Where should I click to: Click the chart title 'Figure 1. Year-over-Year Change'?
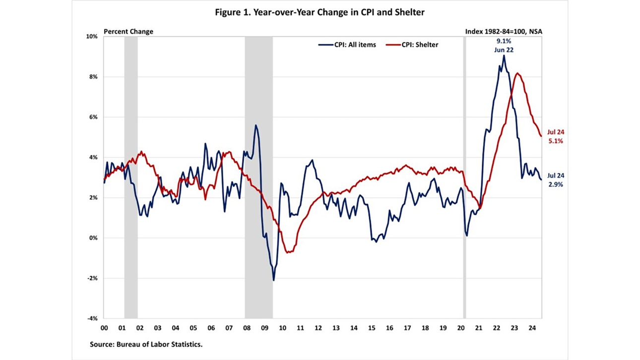pyautogui.click(x=320, y=12)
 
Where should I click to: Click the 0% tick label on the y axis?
pyautogui.click(x=93, y=238)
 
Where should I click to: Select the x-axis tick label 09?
pyautogui.click(x=264, y=328)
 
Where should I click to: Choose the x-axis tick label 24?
pyautogui.click(x=532, y=328)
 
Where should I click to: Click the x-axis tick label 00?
pyautogui.click(x=104, y=328)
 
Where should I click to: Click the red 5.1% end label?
pyautogui.click(x=556, y=141)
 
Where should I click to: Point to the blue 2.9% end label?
pyautogui.click(x=556, y=184)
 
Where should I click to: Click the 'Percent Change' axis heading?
pyautogui.click(x=128, y=31)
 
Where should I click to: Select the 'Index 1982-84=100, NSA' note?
pyautogui.click(x=504, y=31)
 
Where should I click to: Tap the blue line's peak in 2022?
pyautogui.click(x=504, y=55)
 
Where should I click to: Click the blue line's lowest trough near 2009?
pyautogui.click(x=273, y=281)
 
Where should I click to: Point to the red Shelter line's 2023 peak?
pyautogui.click(x=517, y=73)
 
